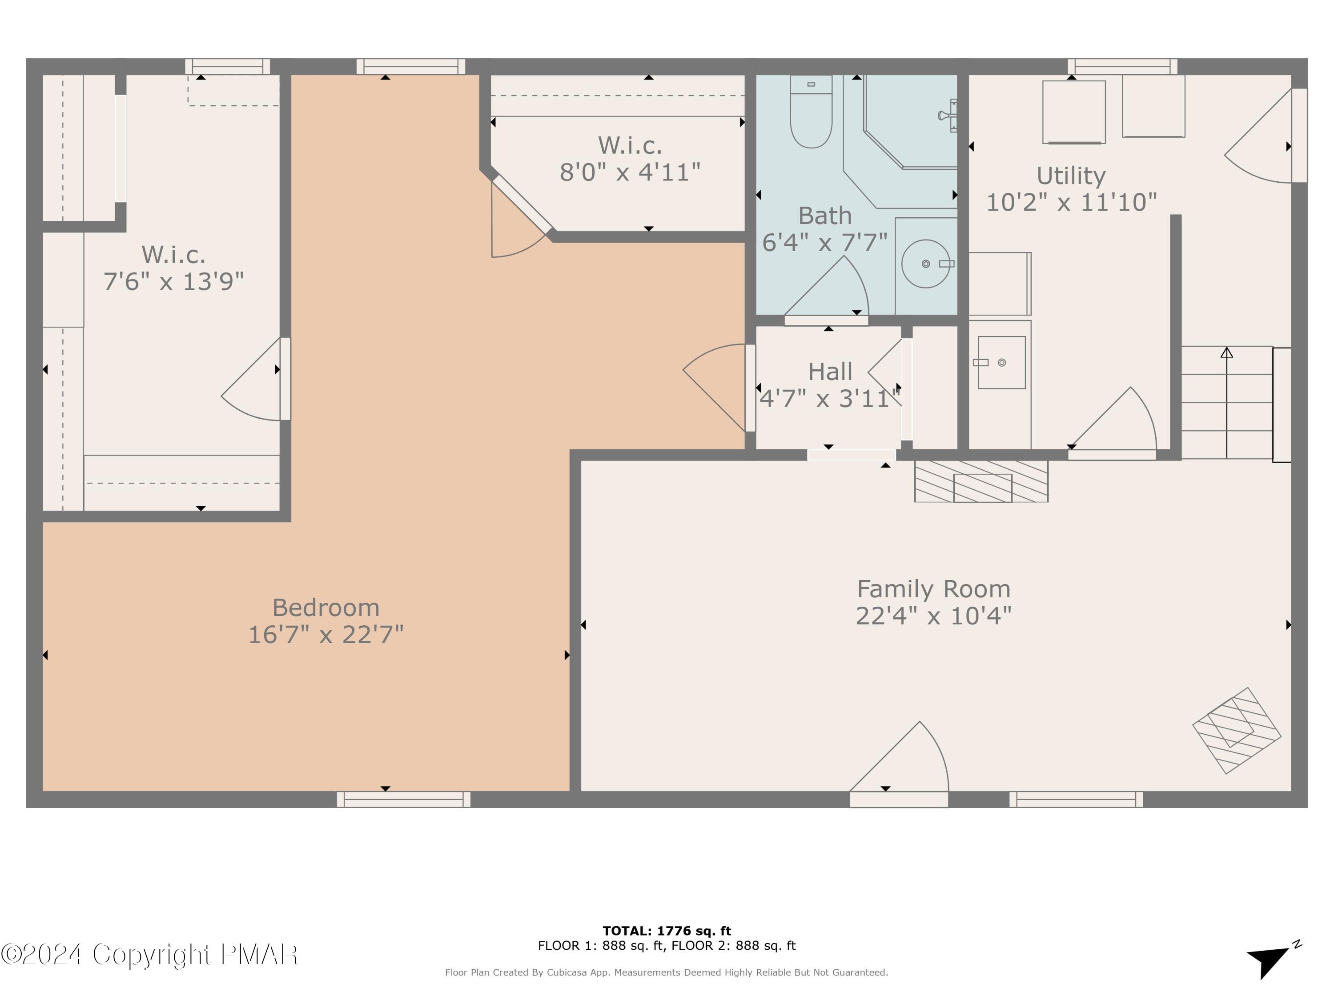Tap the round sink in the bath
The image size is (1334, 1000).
point(926,264)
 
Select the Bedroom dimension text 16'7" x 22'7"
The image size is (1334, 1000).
point(325,635)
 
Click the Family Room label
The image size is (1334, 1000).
point(933,589)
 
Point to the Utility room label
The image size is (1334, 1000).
point(1071,176)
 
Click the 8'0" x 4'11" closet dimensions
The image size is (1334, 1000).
point(630,172)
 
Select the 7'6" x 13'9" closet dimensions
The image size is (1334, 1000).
point(174,281)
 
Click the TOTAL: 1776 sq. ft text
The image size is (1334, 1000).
point(667,931)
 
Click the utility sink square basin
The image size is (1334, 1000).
point(1001,362)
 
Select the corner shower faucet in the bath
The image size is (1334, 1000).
point(948,115)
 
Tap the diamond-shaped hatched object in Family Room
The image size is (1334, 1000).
point(1236,731)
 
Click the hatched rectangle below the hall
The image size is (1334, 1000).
point(981,481)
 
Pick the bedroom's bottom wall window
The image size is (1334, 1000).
point(403,799)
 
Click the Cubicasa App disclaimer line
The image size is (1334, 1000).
point(667,972)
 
